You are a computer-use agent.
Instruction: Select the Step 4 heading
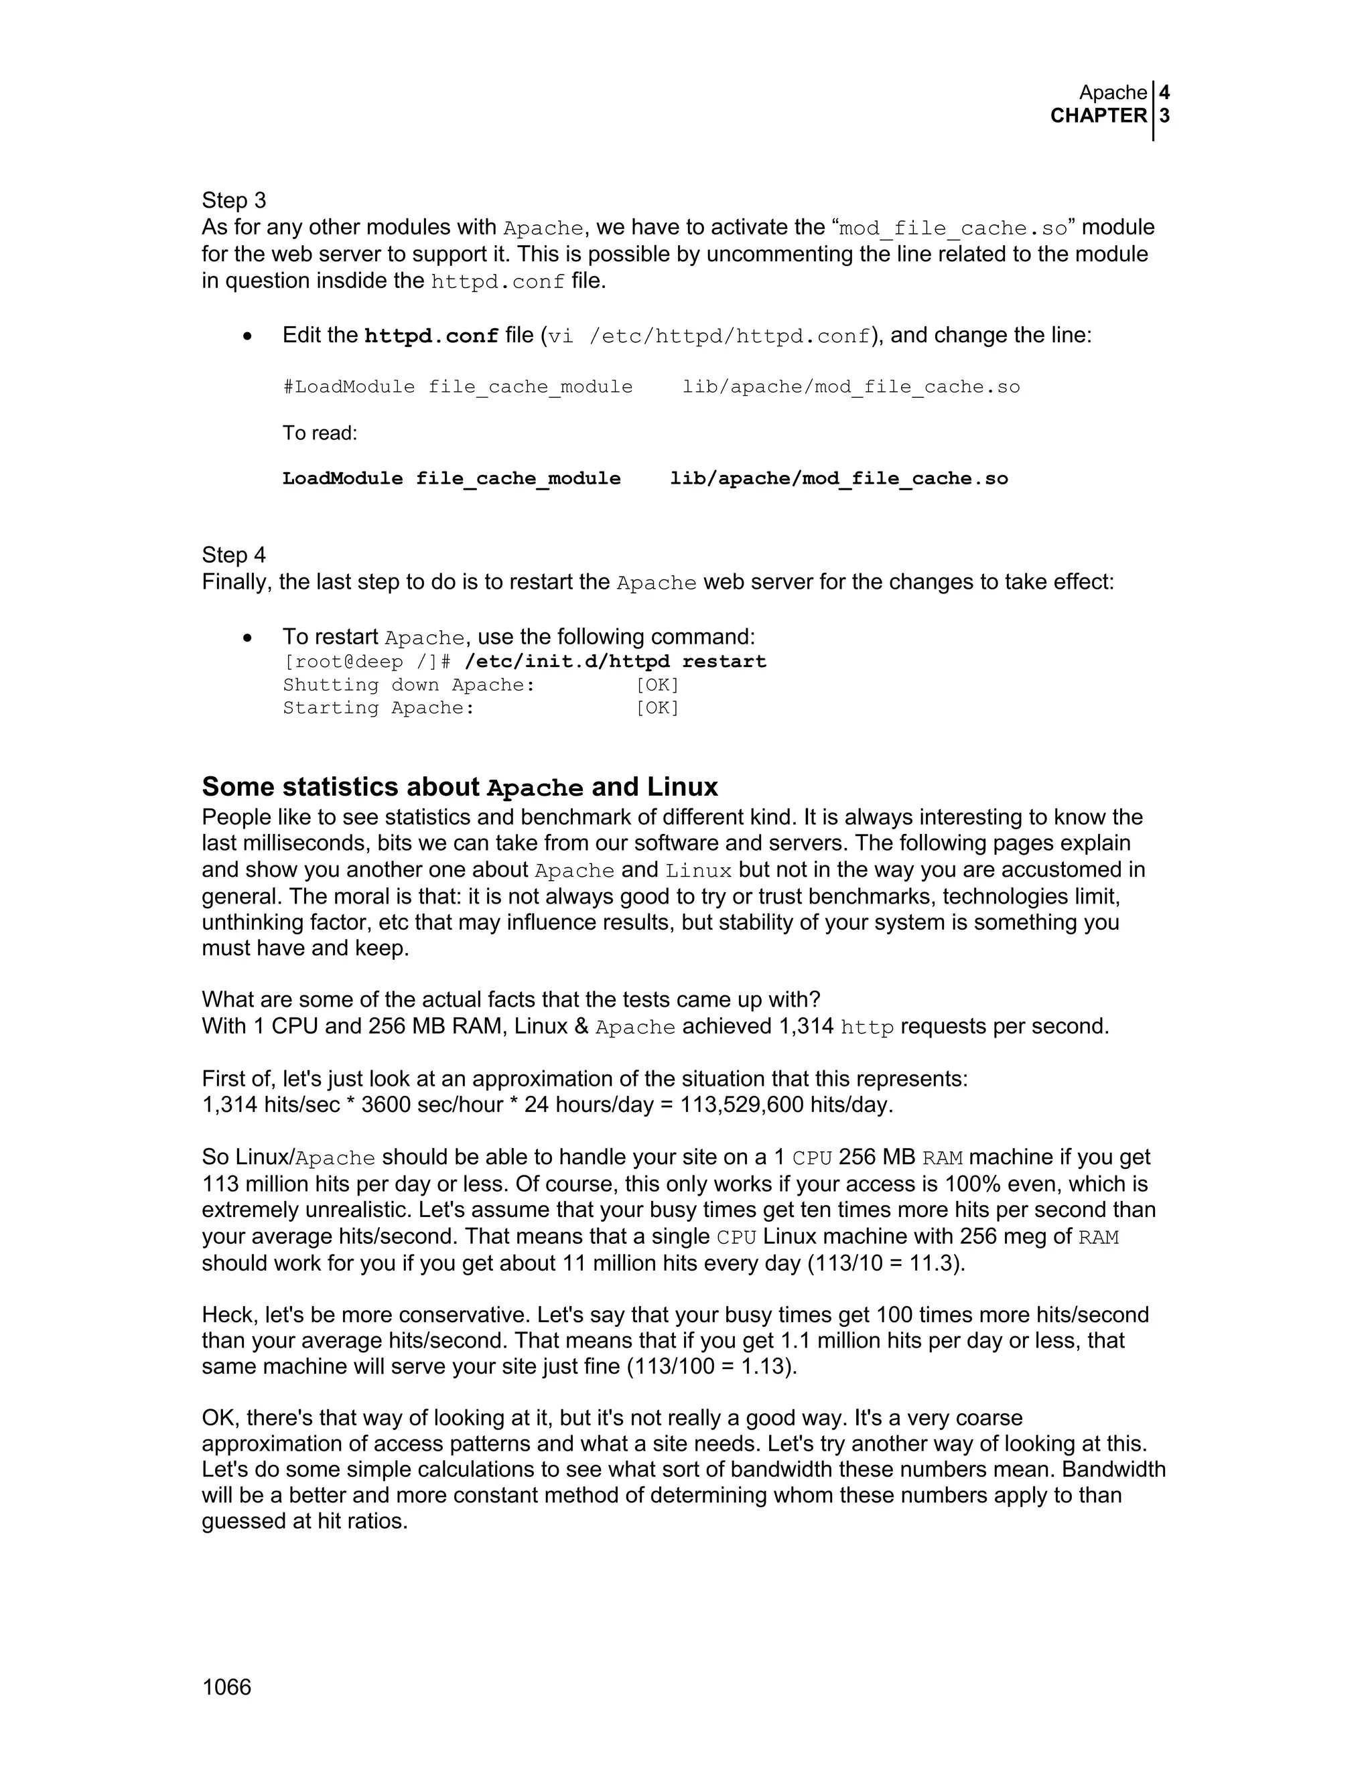pyautogui.click(x=234, y=555)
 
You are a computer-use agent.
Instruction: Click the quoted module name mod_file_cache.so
pyautogui.click(x=953, y=228)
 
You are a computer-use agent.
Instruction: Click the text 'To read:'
pyautogui.click(x=320, y=433)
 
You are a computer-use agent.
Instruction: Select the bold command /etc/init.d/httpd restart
pyautogui.click(x=615, y=662)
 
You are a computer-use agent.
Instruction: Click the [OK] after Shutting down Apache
pyautogui.click(x=657, y=685)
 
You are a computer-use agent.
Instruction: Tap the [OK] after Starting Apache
pyautogui.click(x=657, y=708)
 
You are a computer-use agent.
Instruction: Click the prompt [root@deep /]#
pyautogui.click(x=366, y=662)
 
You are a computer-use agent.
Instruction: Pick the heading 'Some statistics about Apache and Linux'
pyautogui.click(x=460, y=787)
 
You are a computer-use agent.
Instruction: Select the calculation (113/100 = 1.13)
pyautogui.click(x=711, y=1366)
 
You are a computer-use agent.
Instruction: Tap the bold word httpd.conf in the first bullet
pyautogui.click(x=431, y=336)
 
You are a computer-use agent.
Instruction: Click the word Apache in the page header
pyautogui.click(x=1113, y=92)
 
